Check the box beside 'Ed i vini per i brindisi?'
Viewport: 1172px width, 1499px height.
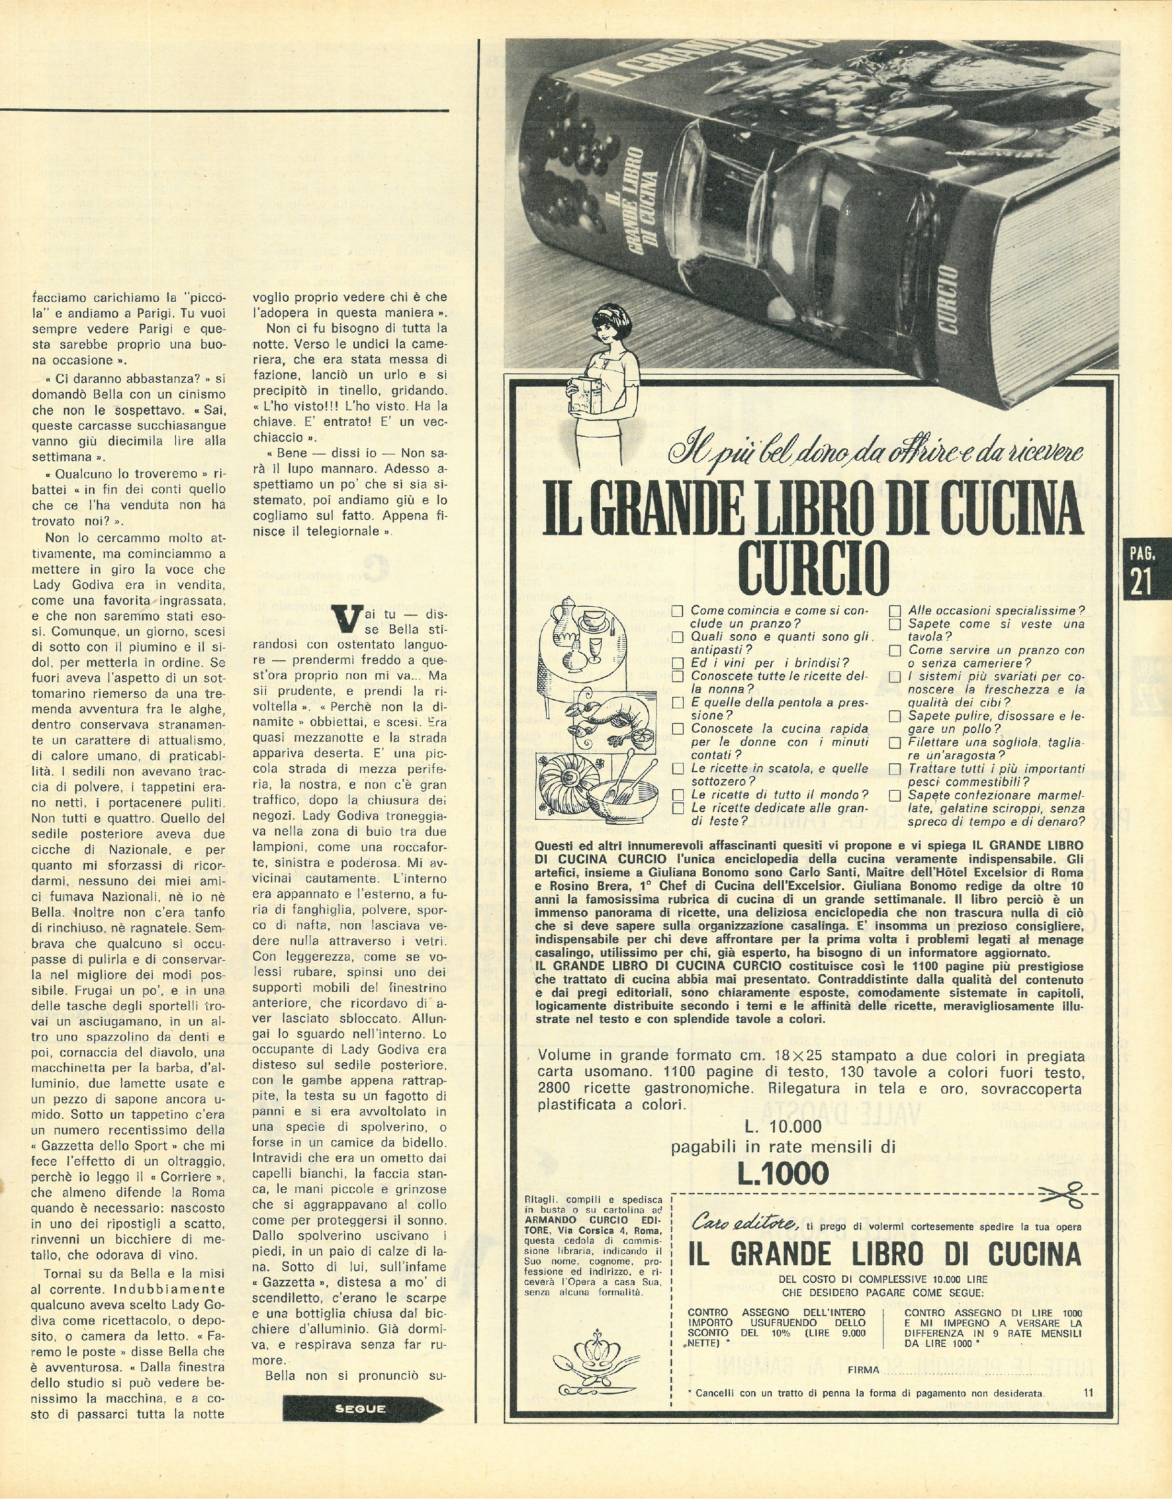(678, 662)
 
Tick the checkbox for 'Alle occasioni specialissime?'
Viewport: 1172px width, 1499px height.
(895, 610)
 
